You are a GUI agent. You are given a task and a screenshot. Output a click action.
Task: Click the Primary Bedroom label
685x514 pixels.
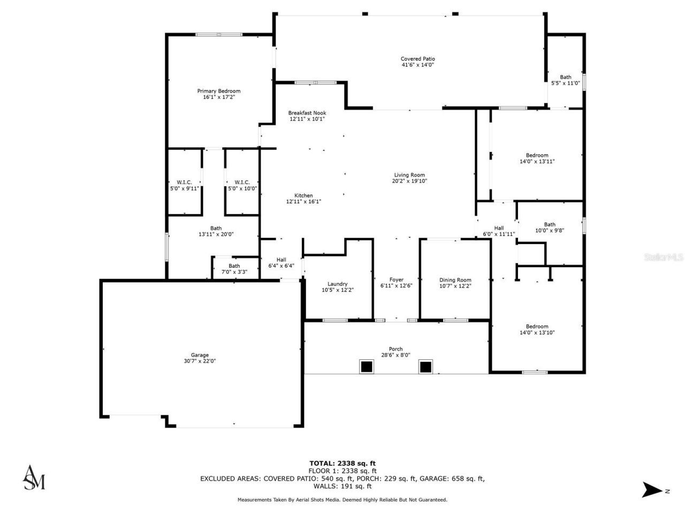(x=218, y=91)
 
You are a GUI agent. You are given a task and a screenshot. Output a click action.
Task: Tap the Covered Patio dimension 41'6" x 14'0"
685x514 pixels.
(x=417, y=65)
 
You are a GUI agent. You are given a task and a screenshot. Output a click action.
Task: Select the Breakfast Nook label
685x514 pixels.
(x=307, y=113)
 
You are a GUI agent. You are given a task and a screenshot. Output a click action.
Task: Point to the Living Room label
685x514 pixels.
(x=409, y=175)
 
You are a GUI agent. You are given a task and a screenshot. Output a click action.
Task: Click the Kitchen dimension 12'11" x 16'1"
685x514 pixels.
(x=303, y=202)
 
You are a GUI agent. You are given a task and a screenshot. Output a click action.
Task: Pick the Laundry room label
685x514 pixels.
(x=337, y=284)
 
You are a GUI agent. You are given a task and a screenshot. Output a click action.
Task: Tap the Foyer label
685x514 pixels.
(x=396, y=279)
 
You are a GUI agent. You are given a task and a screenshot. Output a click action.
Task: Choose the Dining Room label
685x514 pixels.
(x=455, y=280)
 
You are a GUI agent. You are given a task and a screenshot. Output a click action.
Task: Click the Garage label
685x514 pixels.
(x=200, y=355)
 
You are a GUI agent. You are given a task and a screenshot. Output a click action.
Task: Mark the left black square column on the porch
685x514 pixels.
(x=366, y=367)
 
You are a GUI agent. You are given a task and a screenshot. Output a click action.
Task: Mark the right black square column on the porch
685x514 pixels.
(x=425, y=367)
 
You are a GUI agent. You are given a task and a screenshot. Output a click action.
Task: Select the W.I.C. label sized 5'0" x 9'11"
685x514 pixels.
(x=184, y=183)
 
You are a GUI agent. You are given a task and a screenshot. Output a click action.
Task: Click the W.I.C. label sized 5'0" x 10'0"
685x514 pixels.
(x=242, y=183)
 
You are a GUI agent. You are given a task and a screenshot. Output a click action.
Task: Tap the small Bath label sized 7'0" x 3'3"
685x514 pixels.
(x=234, y=266)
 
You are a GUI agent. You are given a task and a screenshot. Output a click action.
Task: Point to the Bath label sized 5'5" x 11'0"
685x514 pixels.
(x=566, y=77)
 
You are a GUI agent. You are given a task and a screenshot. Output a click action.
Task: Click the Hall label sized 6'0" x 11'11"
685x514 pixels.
(x=499, y=228)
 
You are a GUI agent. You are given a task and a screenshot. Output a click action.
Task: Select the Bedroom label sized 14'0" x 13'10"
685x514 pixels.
(x=537, y=327)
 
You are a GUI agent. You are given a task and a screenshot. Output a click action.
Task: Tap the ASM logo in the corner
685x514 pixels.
(x=34, y=478)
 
